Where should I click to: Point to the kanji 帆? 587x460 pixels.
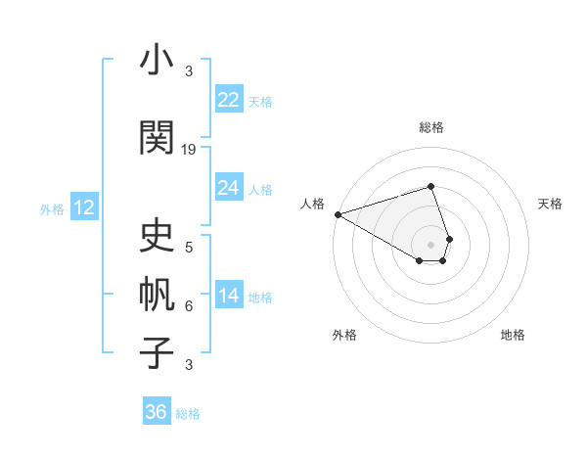click(x=157, y=293)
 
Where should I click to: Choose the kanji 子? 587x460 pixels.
click(x=157, y=351)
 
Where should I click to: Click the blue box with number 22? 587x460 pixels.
click(x=228, y=100)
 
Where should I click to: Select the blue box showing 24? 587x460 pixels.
click(x=228, y=188)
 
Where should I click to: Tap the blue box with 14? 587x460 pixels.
click(x=228, y=296)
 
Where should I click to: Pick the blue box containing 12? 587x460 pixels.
click(x=84, y=207)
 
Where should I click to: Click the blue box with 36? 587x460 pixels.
click(x=156, y=412)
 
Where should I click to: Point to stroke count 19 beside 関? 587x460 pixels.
click(x=189, y=150)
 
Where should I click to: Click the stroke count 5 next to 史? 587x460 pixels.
click(x=189, y=247)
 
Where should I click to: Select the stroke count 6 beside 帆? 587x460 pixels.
click(x=189, y=306)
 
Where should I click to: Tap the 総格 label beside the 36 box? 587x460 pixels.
click(x=188, y=414)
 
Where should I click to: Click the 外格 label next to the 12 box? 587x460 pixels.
click(x=52, y=208)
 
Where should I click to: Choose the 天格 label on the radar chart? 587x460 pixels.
click(x=551, y=204)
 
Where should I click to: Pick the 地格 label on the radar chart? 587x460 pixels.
click(x=513, y=335)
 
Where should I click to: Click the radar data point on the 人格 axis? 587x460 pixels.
click(x=338, y=213)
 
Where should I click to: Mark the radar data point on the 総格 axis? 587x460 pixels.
click(x=430, y=186)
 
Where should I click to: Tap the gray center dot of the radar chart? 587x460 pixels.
click(x=430, y=244)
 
